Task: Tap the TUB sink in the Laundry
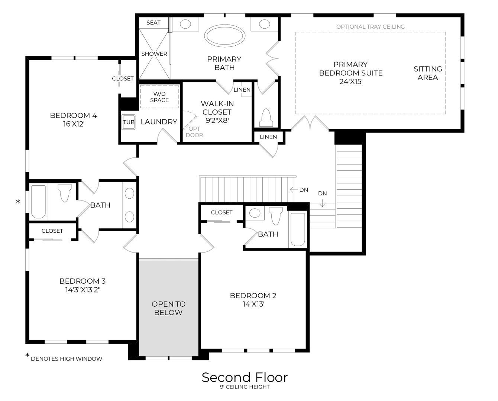(129, 122)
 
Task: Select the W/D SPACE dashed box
(159, 97)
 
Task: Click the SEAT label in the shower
(153, 23)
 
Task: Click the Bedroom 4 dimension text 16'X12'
(74, 124)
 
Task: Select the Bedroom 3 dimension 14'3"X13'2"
(83, 290)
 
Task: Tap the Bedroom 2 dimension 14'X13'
(253, 304)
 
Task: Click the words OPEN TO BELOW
(168, 308)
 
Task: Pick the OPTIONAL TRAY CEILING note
(370, 27)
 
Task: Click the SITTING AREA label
(428, 73)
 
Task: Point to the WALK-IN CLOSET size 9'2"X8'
(217, 120)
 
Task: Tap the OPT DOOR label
(194, 132)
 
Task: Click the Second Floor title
(245, 377)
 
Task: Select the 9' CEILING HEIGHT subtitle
(245, 387)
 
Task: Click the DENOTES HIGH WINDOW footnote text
(67, 359)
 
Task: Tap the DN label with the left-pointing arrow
(303, 190)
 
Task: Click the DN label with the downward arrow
(322, 193)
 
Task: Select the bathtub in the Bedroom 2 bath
(298, 229)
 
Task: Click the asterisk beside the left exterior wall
(18, 202)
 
